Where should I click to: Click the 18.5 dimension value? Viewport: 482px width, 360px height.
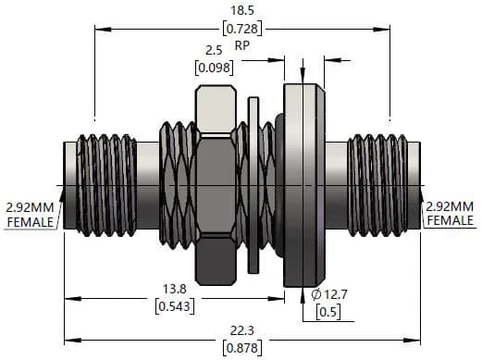tap(242, 10)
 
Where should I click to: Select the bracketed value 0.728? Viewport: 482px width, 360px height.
tap(242, 29)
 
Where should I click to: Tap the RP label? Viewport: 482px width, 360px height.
tap(242, 45)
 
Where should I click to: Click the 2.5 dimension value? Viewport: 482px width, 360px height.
tap(214, 50)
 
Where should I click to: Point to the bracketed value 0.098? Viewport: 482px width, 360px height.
tap(214, 68)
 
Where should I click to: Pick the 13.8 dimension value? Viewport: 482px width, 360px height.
tap(175, 289)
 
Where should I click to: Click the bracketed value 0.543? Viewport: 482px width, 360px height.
tap(175, 306)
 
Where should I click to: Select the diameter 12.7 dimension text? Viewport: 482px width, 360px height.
tap(329, 294)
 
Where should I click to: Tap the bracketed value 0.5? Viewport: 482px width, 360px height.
tap(328, 312)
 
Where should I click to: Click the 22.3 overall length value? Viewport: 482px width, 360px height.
tap(242, 330)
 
